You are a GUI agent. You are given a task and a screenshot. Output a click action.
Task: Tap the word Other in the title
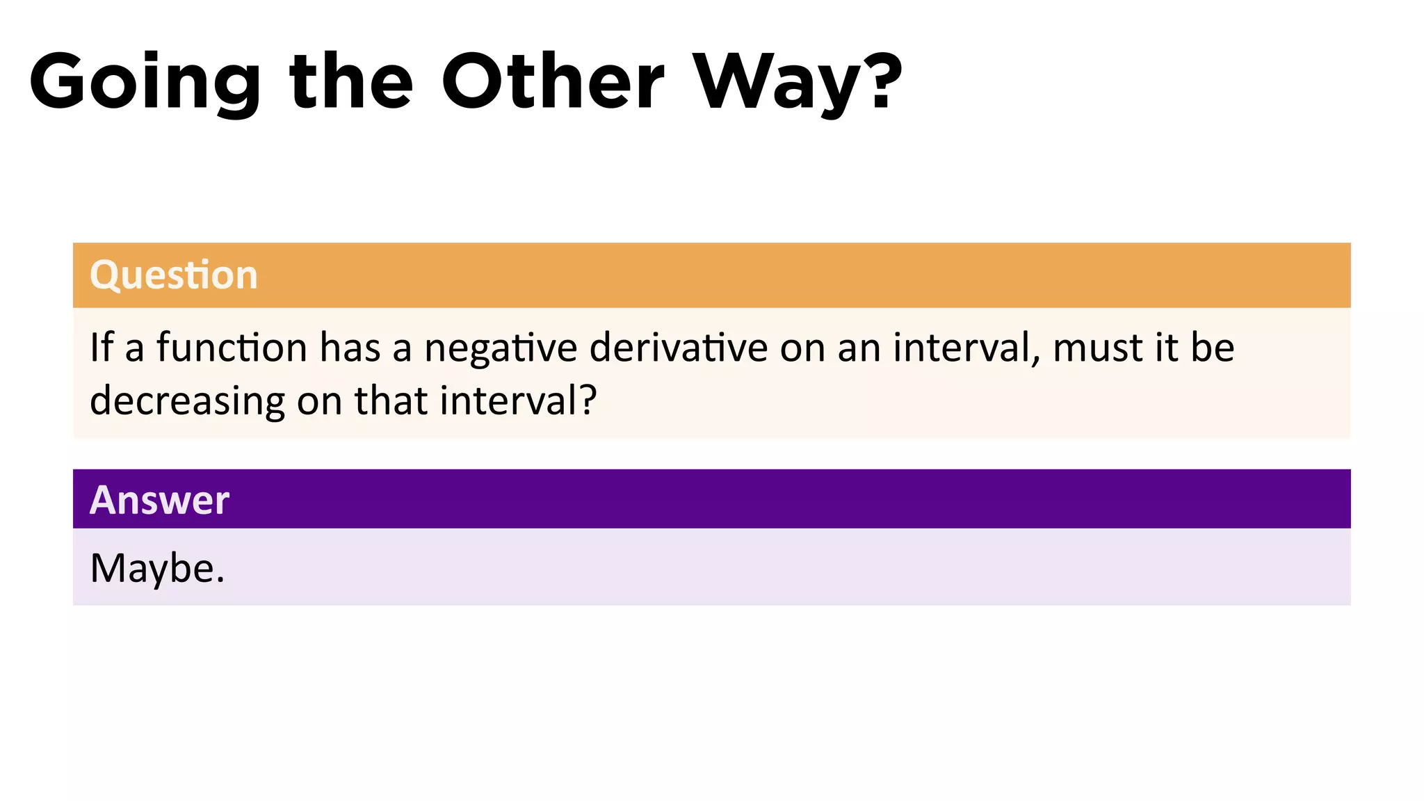553,82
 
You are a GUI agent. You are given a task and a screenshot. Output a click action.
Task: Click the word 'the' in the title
351,82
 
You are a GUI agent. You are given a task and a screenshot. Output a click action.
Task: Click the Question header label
174,275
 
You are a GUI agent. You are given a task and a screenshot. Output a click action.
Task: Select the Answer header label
159,500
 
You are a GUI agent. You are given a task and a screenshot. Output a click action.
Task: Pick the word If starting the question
102,347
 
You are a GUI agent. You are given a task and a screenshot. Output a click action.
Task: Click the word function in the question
232,347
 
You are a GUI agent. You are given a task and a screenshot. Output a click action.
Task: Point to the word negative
501,348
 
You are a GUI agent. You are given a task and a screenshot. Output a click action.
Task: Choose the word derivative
678,347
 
